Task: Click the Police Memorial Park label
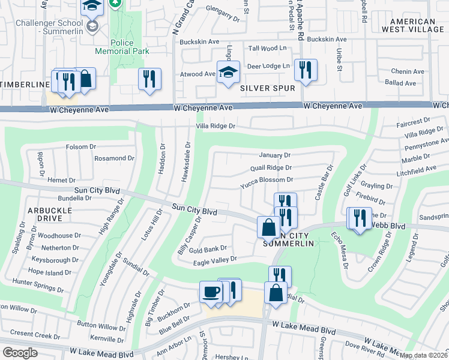130,47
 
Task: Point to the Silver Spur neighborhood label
268,88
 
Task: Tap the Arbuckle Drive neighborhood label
49,215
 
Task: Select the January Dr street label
275,155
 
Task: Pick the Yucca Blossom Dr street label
267,179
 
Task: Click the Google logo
20,353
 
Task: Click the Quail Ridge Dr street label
271,168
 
